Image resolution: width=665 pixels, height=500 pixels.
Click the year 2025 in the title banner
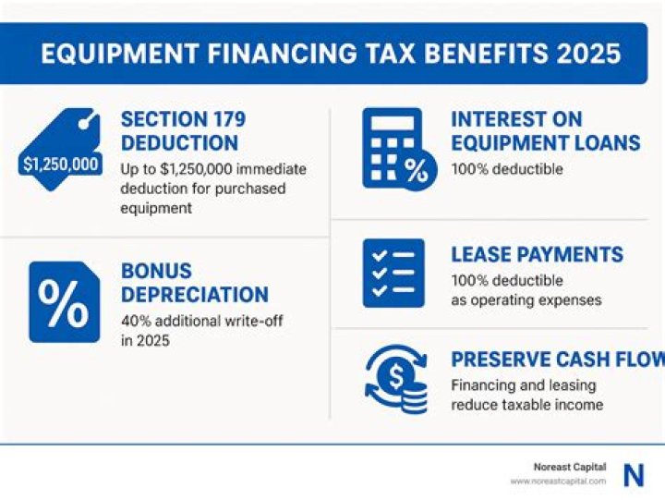tap(588, 53)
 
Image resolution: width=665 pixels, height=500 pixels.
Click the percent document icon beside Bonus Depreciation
tap(64, 301)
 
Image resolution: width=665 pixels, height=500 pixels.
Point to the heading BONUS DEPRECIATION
tap(194, 283)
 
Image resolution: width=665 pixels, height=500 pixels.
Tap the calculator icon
tap(394, 148)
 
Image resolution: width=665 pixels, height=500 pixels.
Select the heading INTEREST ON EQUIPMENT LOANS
tap(545, 131)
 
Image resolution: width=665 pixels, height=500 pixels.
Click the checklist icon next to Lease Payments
tap(393, 273)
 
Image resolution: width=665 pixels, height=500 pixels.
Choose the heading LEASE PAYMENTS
tap(537, 255)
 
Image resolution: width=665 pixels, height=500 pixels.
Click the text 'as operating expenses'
tap(526, 299)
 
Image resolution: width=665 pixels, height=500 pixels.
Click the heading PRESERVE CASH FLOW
tap(555, 360)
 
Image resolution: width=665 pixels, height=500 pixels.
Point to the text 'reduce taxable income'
tap(526, 405)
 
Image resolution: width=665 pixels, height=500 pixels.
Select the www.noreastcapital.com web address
tap(558, 482)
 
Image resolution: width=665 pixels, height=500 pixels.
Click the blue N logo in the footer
tap(634, 475)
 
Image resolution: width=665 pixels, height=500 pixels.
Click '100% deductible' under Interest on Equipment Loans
tap(506, 169)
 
